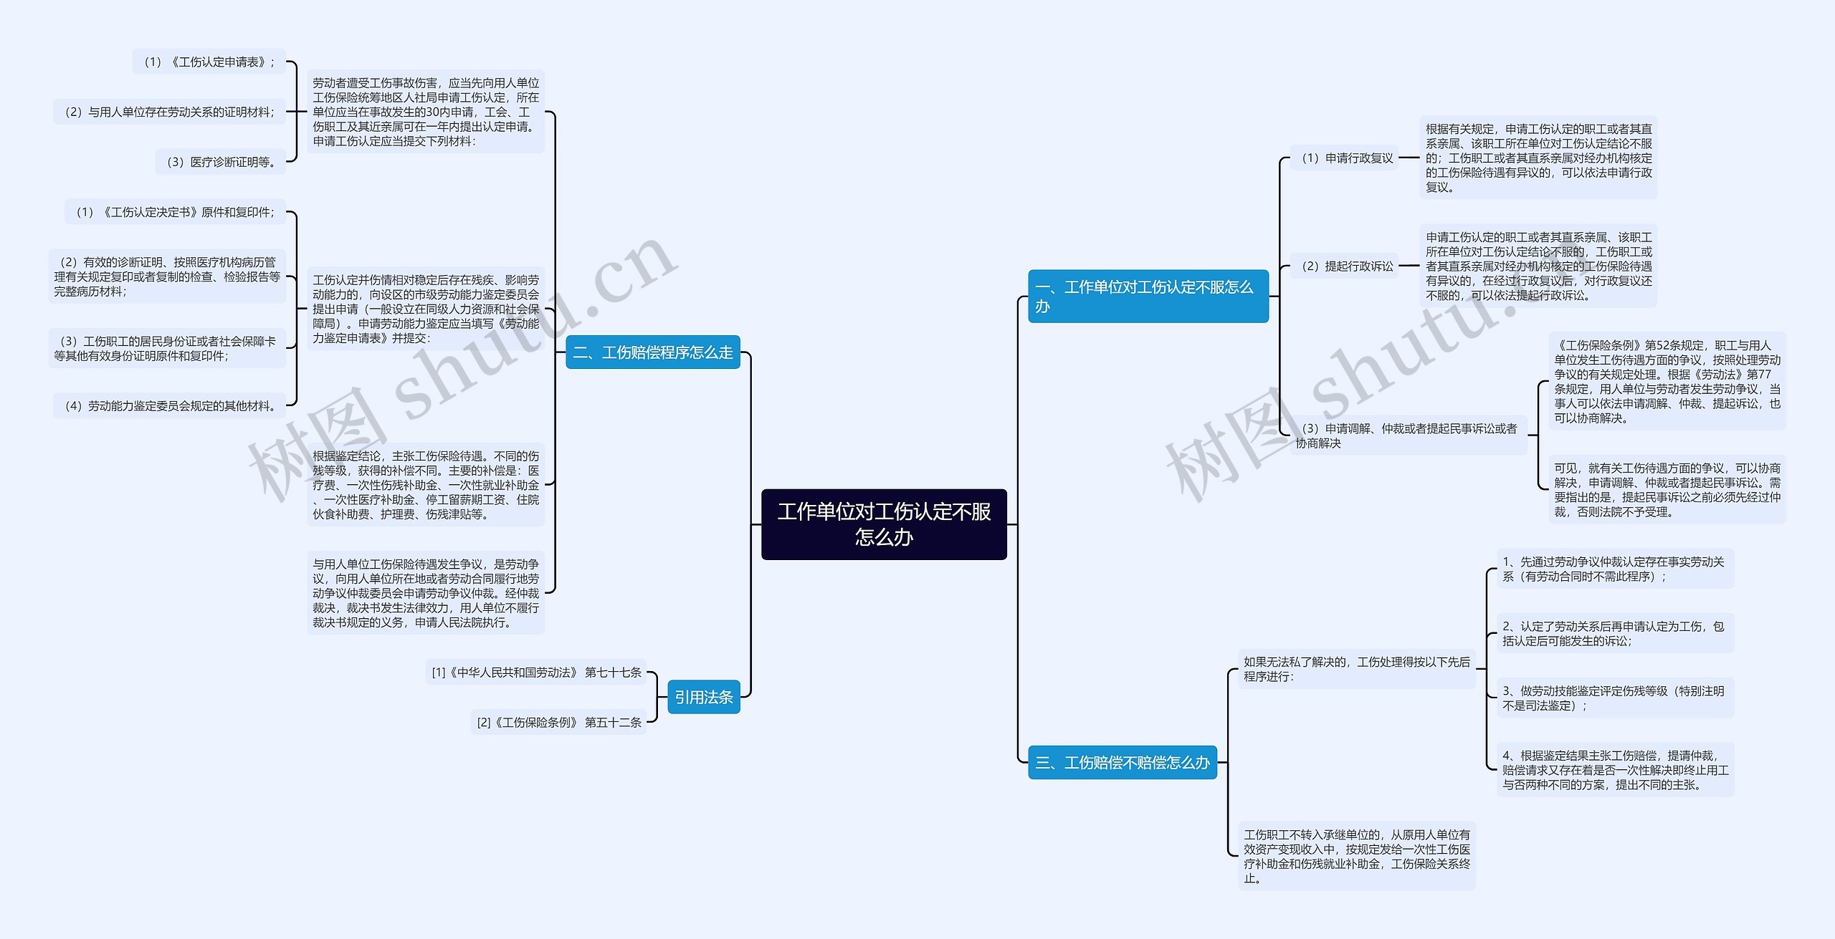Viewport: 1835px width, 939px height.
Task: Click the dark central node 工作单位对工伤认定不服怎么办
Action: click(x=884, y=524)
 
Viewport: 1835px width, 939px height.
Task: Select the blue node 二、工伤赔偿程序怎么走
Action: click(x=652, y=352)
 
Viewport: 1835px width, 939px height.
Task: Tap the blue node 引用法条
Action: click(x=703, y=697)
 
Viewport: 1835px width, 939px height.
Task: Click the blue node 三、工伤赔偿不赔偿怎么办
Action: click(x=1122, y=763)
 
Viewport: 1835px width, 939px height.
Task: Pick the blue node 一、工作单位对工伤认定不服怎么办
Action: click(x=1148, y=297)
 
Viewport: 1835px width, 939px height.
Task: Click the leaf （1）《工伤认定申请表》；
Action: click(x=209, y=62)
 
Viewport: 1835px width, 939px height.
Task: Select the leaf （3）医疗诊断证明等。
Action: click(x=221, y=162)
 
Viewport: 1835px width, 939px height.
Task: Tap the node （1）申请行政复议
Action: click(x=1345, y=158)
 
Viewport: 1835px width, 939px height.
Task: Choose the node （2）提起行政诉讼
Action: click(x=1345, y=266)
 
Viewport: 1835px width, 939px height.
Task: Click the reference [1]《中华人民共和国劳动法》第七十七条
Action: click(x=536, y=673)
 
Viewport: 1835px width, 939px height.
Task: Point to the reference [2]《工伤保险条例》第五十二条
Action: click(x=558, y=723)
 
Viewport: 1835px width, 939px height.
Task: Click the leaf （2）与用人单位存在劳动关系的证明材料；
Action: click(x=169, y=112)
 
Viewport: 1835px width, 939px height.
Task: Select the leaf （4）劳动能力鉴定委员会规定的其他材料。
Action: click(x=169, y=406)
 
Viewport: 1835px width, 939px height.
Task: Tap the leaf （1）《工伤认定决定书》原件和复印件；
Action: click(x=175, y=212)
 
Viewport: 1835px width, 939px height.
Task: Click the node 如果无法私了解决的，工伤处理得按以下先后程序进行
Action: click(x=1356, y=669)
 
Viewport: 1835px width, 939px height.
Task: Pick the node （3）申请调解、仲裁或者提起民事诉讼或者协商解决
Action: click(x=1409, y=435)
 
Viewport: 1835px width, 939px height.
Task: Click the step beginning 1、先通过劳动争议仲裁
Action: click(x=1614, y=569)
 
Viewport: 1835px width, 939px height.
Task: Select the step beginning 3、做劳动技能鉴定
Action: click(x=1614, y=698)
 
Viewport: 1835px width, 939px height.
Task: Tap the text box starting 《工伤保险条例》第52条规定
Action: click(x=1667, y=382)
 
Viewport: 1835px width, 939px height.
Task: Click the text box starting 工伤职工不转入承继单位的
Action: click(x=1356, y=856)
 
